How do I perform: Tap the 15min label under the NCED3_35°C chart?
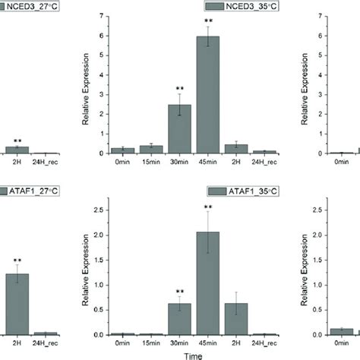151,161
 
